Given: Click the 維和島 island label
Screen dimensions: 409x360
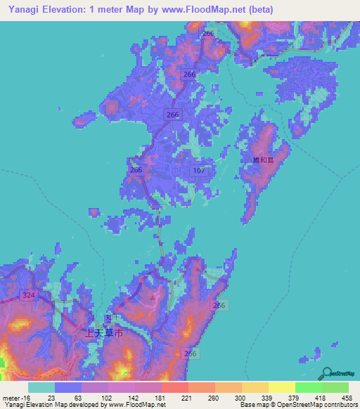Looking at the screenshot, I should coord(263,160).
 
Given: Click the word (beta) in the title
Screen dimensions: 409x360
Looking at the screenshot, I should coord(258,10).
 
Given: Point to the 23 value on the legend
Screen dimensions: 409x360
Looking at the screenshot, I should coord(52,398).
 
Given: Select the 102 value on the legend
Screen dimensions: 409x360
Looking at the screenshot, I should coord(106,398).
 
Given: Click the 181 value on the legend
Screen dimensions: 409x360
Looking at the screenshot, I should coord(160,398).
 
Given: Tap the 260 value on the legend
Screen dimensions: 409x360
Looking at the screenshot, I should coord(213,398).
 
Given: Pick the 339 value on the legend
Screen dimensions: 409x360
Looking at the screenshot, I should coord(266,398).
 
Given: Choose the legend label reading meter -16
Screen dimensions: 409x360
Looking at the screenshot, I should coord(15,398).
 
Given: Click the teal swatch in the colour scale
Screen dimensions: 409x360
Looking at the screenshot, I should coord(41,387).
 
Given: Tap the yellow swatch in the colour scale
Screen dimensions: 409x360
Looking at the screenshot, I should coord(281,387).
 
